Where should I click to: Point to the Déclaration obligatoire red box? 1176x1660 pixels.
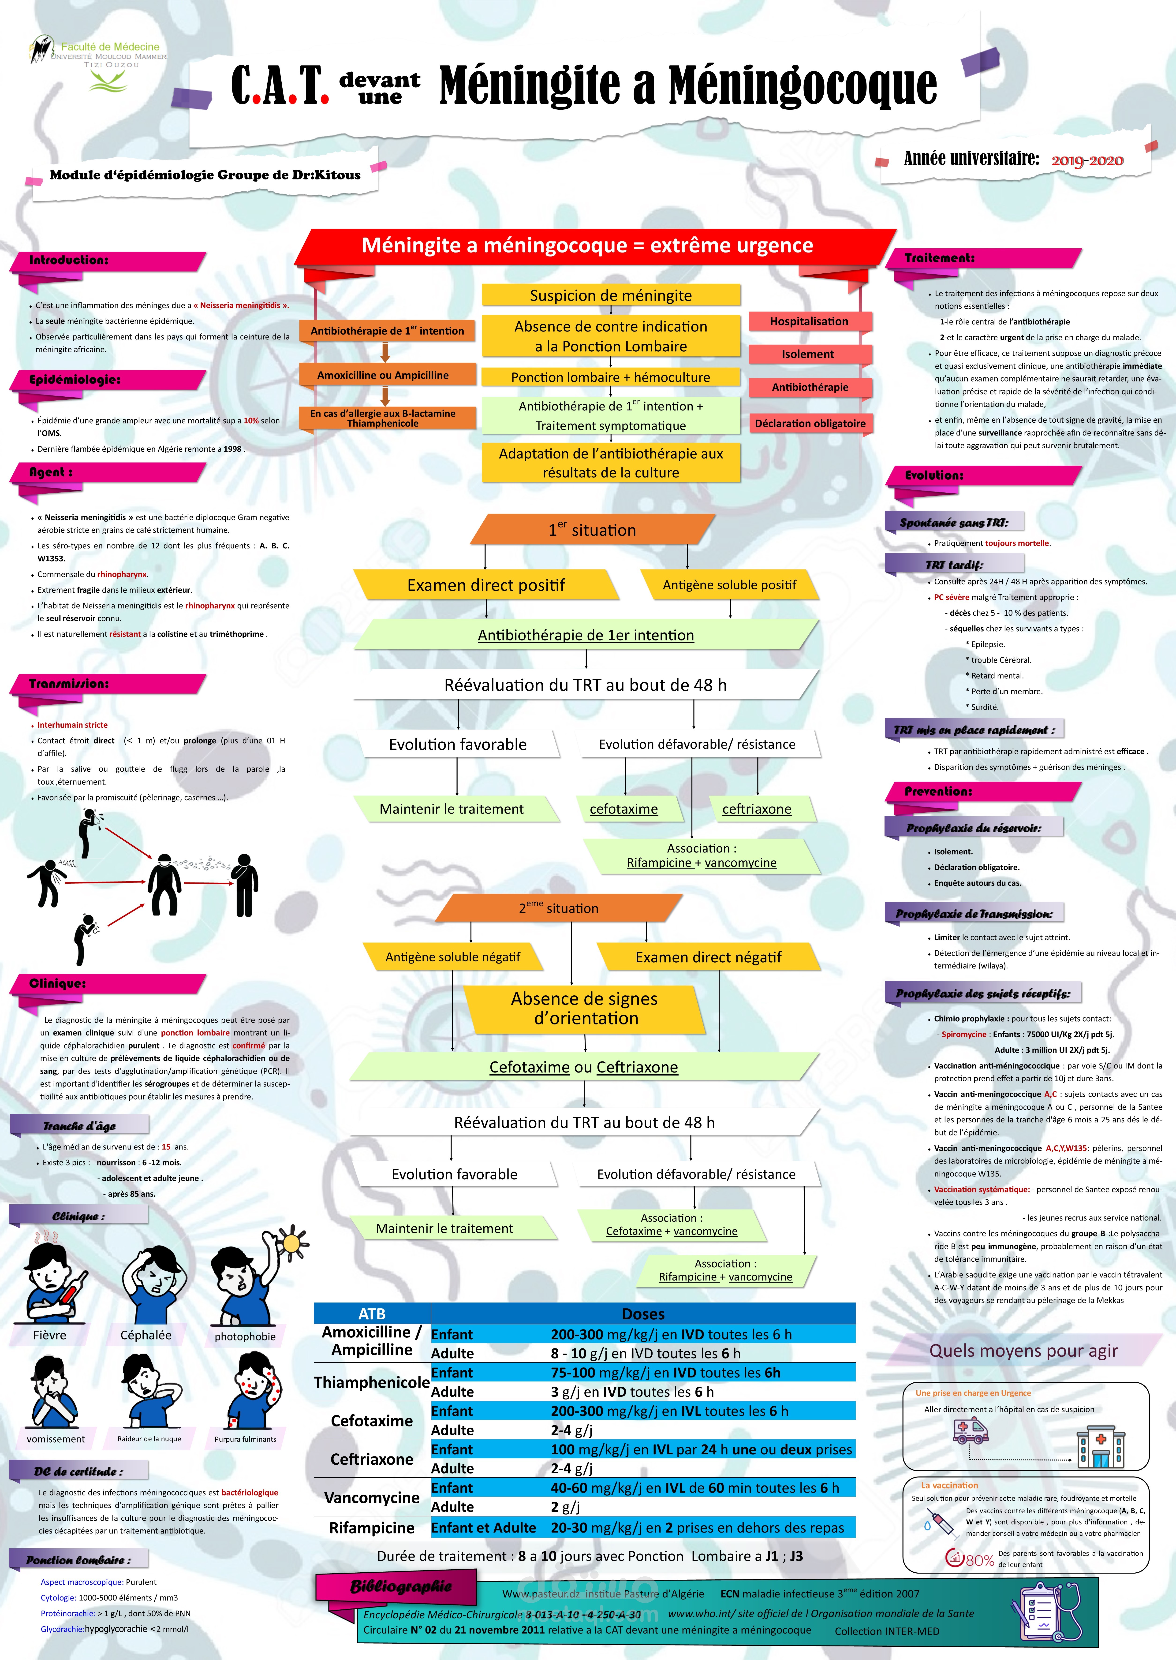(810, 424)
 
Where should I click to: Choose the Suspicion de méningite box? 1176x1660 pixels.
(610, 295)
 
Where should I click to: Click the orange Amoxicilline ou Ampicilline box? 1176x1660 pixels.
(383, 375)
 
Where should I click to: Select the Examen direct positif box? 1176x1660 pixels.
(486, 585)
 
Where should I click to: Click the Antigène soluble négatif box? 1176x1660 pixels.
(453, 957)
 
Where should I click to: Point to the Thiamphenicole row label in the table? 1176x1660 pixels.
(371, 1382)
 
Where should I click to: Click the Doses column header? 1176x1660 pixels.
(643, 1313)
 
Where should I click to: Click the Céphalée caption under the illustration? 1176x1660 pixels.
(146, 1335)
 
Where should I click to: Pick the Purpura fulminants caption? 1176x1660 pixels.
(245, 1439)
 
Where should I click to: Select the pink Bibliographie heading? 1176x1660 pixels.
(400, 1587)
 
